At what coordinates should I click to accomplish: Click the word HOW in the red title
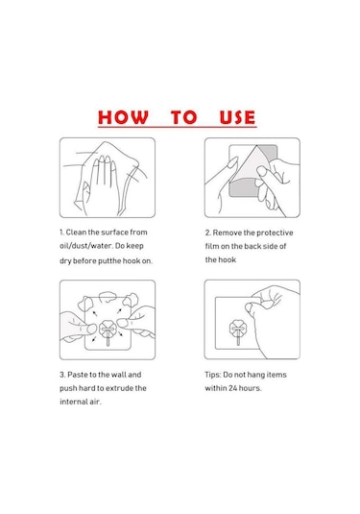[123, 117]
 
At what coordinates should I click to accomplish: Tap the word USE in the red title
[237, 117]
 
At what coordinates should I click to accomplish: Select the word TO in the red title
[183, 117]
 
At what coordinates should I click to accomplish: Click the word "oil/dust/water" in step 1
[85, 246]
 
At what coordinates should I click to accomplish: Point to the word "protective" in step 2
[275, 233]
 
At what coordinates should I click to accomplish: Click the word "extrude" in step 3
[119, 388]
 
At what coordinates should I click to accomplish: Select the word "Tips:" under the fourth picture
[213, 375]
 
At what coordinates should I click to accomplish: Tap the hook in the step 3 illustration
[108, 331]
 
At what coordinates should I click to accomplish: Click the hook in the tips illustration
[238, 331]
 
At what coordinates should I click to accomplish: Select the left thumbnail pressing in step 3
[92, 329]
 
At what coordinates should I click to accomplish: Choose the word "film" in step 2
[211, 246]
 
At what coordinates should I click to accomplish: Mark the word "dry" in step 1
[65, 261]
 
